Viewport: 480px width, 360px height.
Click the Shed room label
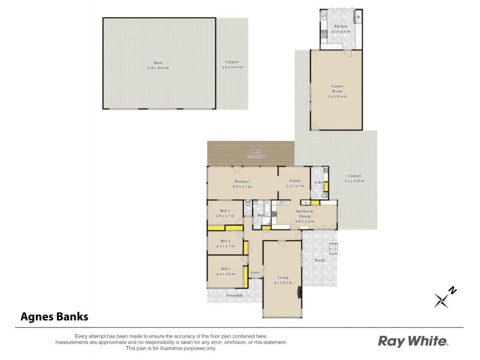point(158,62)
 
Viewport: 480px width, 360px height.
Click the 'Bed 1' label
point(225,268)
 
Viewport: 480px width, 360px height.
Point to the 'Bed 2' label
point(225,241)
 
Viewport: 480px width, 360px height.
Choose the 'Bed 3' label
point(225,211)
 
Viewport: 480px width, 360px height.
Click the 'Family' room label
point(295,181)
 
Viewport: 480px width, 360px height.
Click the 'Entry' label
point(255,272)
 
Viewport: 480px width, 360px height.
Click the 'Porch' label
point(320,260)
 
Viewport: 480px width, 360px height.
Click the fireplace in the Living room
point(298,292)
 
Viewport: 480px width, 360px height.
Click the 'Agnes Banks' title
point(55,316)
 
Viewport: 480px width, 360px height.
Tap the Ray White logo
point(412,341)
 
